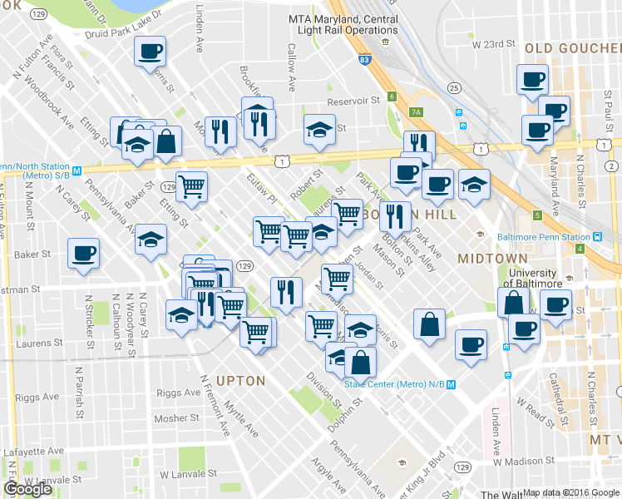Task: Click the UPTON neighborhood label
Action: (x=240, y=381)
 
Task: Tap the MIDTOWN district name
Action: (x=492, y=259)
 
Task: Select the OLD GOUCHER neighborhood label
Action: (x=572, y=49)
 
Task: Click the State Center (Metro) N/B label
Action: (x=395, y=384)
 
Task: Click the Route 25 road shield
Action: (x=453, y=88)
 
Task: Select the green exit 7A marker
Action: (x=417, y=112)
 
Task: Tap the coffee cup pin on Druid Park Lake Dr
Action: (x=151, y=52)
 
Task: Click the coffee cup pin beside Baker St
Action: (x=83, y=253)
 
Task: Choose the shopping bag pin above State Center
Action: (x=362, y=362)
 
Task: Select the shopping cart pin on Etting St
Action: (x=192, y=185)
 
